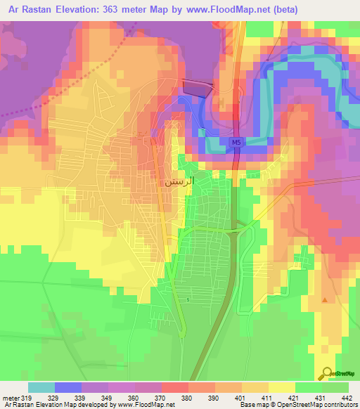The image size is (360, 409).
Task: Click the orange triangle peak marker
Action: pos(324,300)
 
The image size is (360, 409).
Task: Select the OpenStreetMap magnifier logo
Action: pos(327,373)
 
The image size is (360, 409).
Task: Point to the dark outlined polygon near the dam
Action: pos(197,86)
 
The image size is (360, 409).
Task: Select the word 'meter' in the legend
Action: pos(10,398)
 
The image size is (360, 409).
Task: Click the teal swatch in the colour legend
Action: pos(41,387)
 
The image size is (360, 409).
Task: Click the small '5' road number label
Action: pos(188,300)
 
